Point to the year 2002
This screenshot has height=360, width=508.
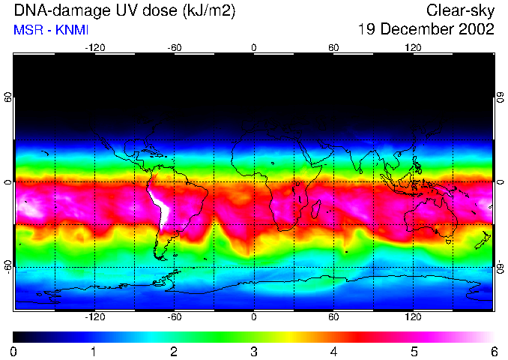(477, 29)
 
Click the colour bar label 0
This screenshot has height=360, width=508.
(13, 352)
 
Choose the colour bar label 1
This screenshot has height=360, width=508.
(94, 352)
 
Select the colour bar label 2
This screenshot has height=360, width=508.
(174, 352)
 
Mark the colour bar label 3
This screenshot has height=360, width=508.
(254, 352)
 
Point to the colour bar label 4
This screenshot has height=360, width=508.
(334, 352)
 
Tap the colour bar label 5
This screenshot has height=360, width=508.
(414, 352)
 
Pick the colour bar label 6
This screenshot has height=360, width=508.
(494, 352)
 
